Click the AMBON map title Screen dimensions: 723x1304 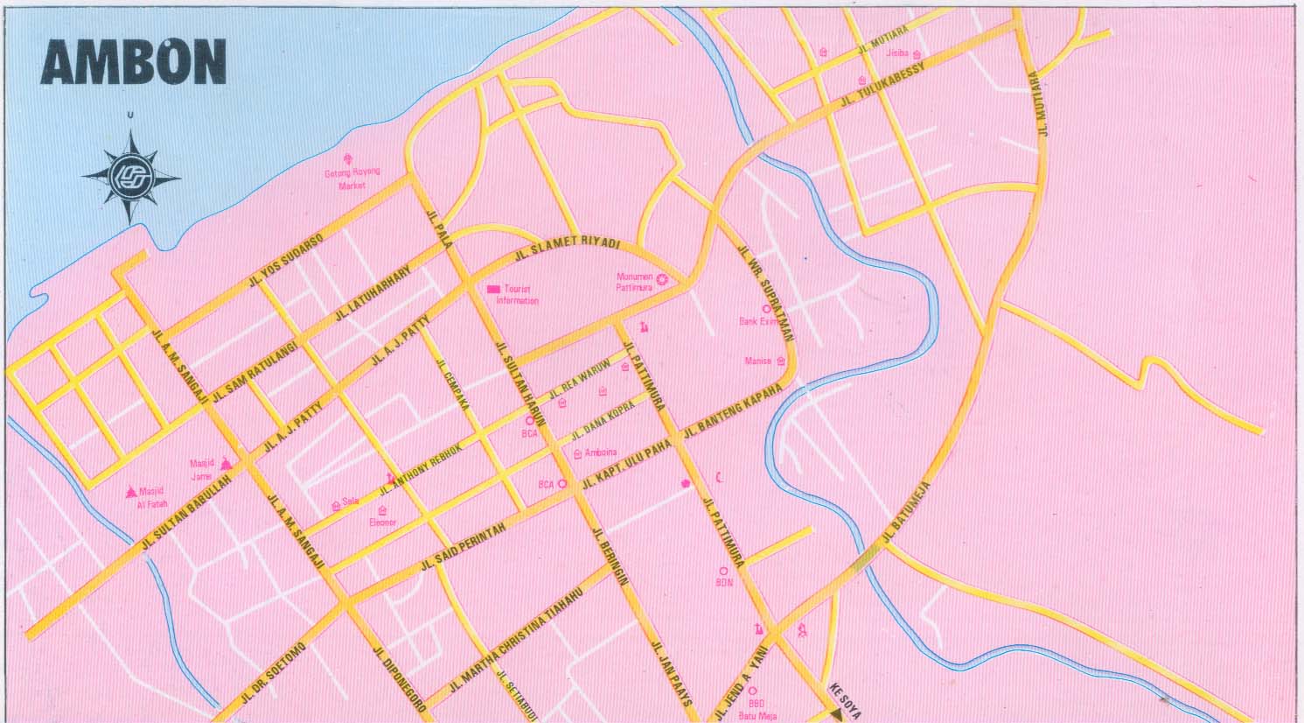[134, 62]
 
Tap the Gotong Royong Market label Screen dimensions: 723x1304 [352, 178]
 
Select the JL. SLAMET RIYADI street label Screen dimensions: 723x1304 [567, 248]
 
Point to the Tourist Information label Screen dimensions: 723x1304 [517, 295]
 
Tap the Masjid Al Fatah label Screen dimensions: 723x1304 [150, 497]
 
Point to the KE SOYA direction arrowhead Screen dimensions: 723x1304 [838, 713]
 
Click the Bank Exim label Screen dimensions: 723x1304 [757, 321]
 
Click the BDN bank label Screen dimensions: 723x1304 [724, 581]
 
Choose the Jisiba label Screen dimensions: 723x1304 [898, 53]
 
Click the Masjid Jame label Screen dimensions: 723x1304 [202, 469]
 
